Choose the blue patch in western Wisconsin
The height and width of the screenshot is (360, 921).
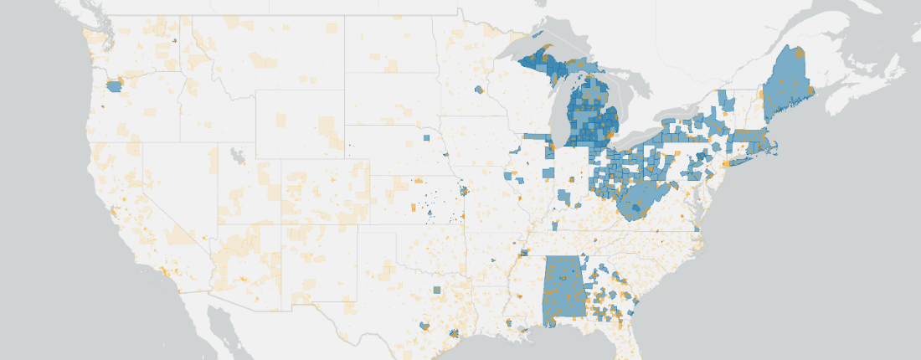point(480,89)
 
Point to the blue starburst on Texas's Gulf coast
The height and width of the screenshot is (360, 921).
point(453,333)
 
